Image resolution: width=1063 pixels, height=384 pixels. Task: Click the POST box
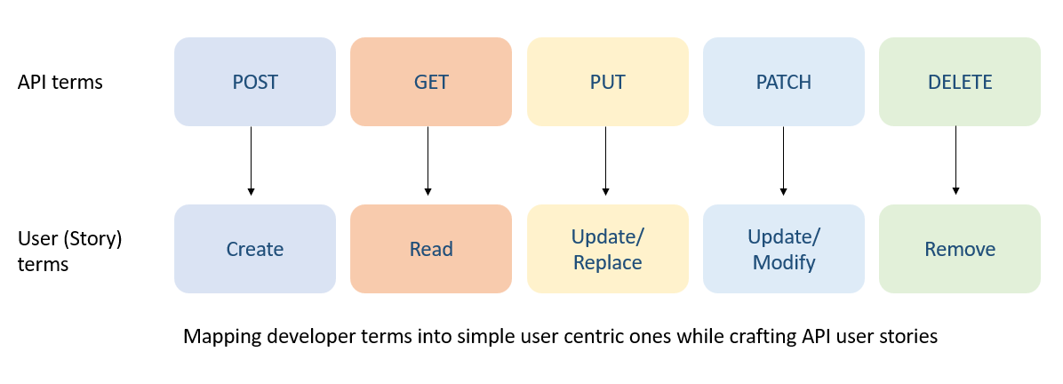click(x=255, y=82)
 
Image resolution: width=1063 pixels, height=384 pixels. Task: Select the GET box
click(x=431, y=82)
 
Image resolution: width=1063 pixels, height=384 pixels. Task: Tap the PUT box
click(x=607, y=82)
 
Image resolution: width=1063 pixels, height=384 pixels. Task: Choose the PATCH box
click(x=783, y=82)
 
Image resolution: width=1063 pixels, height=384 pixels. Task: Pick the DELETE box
click(x=959, y=82)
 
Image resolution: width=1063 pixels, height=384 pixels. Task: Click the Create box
click(x=255, y=249)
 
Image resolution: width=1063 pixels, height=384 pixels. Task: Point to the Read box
click(x=431, y=249)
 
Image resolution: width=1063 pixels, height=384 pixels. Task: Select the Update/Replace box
click(x=607, y=249)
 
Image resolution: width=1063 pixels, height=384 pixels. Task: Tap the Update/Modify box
click(x=783, y=249)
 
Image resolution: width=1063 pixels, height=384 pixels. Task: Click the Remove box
click(x=959, y=249)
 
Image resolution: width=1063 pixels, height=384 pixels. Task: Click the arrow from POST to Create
click(x=251, y=160)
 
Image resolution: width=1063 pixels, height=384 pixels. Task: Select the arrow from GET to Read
click(x=428, y=160)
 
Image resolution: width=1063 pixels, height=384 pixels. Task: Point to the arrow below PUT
click(x=605, y=160)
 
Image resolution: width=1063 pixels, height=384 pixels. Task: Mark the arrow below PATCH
click(x=783, y=160)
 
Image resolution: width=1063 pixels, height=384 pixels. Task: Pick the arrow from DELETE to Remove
click(x=955, y=160)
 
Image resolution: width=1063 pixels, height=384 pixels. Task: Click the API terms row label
click(x=60, y=83)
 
